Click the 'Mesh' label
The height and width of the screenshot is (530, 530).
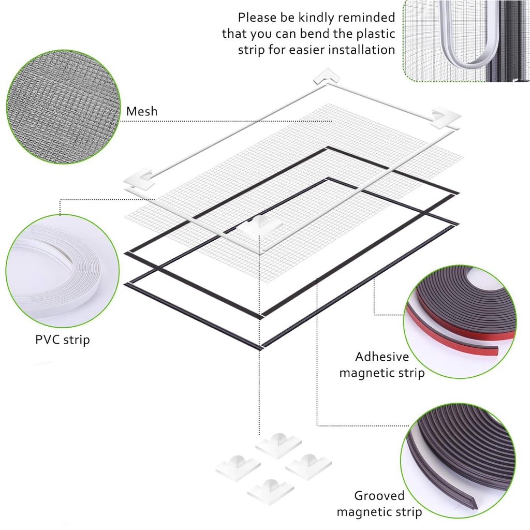pos(142,111)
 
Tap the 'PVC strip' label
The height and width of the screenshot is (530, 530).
pos(63,340)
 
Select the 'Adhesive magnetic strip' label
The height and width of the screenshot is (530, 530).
pos(382,364)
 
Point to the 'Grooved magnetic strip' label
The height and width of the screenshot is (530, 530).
pos(379,504)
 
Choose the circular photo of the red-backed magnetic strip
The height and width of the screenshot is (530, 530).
pos(460,321)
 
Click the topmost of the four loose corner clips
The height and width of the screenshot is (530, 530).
pos(278,445)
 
